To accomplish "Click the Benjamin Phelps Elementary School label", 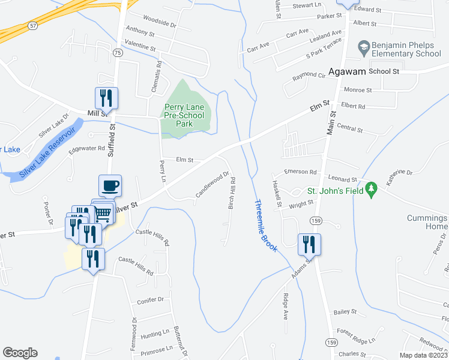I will click(406, 49).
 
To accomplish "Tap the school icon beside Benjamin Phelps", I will click(363, 46).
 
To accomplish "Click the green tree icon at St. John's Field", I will click(371, 188).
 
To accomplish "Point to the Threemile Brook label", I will click(264, 225).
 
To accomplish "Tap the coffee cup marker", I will click(110, 186).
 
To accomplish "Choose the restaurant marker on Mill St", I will click(106, 98).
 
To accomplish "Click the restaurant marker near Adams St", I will click(310, 244).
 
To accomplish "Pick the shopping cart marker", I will click(103, 212).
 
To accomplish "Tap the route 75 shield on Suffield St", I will click(118, 53).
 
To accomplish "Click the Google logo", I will click(20, 353).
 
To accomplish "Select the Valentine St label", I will click(139, 46).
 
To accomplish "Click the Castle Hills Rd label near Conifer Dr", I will click(136, 265).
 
